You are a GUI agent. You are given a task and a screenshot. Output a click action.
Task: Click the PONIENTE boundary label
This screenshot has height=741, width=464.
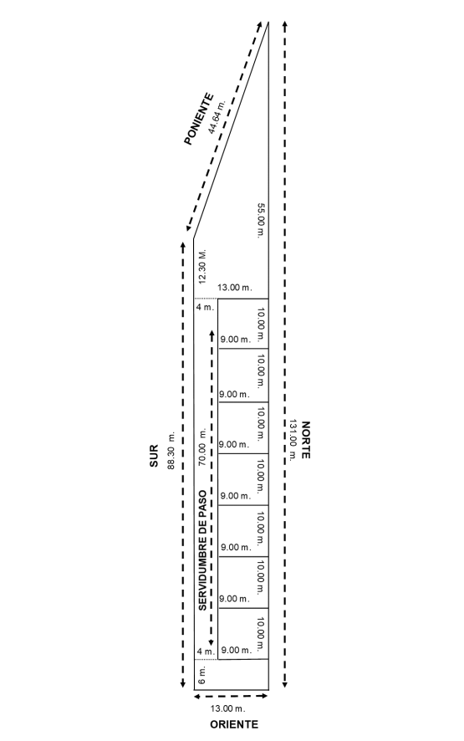point(198,119)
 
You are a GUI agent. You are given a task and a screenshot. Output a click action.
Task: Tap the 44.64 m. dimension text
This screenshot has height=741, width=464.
point(217,116)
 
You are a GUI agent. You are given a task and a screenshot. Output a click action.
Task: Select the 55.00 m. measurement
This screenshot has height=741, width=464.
point(260,221)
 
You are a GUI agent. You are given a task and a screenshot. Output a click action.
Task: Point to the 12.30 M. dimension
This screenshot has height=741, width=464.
point(203,267)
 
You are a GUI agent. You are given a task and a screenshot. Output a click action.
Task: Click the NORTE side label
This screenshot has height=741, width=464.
point(306,439)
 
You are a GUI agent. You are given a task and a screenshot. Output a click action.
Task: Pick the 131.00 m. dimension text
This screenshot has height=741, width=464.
point(293,439)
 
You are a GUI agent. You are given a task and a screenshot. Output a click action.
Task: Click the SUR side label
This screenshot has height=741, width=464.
point(154,457)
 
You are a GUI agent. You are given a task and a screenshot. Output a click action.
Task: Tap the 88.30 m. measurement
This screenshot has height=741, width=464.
point(171,450)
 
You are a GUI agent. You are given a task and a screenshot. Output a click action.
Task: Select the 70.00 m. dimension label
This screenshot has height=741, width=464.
point(203,447)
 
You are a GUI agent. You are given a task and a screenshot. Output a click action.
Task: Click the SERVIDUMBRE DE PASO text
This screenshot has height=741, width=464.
point(202,550)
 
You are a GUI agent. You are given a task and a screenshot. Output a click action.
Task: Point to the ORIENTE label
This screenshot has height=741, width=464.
point(234,724)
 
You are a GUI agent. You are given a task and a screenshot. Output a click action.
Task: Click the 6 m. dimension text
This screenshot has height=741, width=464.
point(202,676)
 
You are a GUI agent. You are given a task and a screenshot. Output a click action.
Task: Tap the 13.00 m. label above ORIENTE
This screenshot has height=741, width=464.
point(227,708)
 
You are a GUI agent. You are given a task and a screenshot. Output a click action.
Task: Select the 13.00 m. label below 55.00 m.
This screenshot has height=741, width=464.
point(235,288)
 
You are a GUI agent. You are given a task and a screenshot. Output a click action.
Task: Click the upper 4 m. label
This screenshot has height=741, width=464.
point(205,307)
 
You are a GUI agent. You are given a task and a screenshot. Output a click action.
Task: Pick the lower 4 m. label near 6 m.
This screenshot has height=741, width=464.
point(206,652)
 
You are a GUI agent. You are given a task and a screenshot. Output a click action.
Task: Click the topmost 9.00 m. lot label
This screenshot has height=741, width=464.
point(235,340)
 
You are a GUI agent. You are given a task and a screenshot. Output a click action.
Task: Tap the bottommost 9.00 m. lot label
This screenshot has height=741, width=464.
point(237,651)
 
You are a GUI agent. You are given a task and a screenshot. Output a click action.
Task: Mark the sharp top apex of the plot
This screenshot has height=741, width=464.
point(268,22)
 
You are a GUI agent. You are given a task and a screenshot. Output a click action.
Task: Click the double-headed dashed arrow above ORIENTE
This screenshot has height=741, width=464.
point(231,696)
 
